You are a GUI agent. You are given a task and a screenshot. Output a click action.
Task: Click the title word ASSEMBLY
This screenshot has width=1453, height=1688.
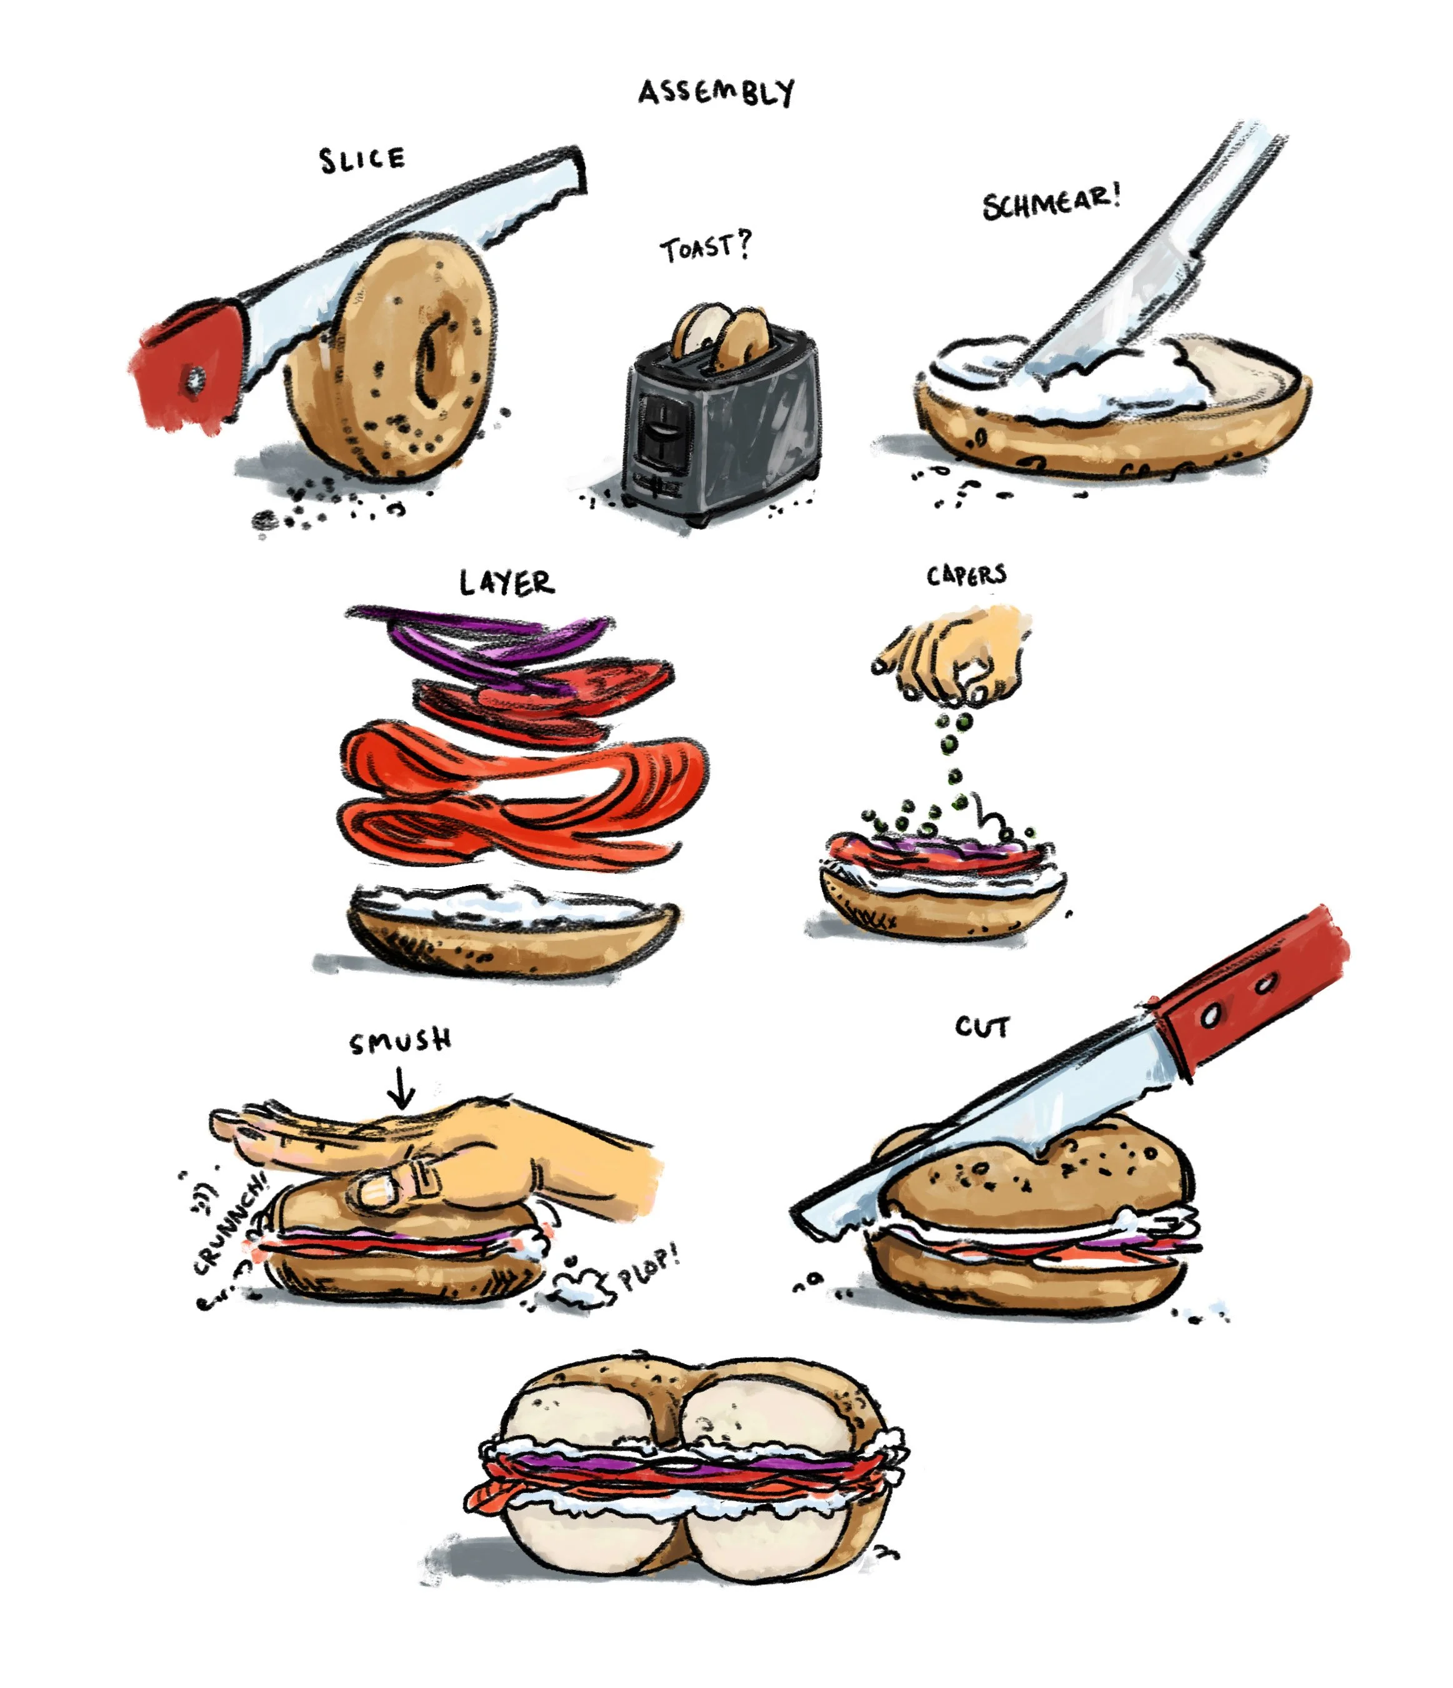[716, 93]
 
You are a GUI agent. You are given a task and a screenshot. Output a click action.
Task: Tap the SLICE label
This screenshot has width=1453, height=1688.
[362, 159]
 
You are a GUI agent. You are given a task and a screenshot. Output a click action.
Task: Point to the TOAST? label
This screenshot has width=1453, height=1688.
[706, 247]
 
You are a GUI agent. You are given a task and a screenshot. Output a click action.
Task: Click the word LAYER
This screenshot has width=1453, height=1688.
[507, 583]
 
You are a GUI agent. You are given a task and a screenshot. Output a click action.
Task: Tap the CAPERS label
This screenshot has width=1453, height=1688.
[966, 576]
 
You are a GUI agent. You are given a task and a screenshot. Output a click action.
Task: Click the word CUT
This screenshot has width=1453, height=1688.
[982, 1027]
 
